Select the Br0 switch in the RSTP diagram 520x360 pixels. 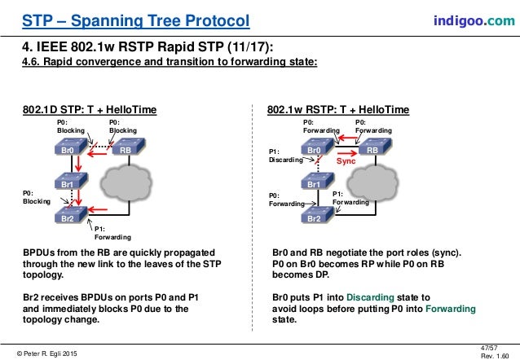(315, 149)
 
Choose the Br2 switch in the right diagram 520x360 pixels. (315, 217)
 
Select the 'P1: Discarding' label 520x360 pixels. (286, 156)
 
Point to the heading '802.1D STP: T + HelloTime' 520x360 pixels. (89, 108)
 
